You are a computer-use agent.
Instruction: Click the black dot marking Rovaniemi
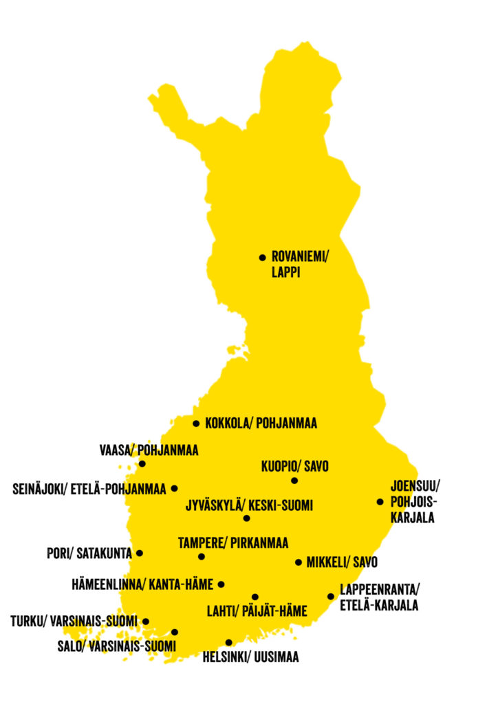262,258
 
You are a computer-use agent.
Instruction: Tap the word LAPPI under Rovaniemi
286,273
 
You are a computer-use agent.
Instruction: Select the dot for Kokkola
196,423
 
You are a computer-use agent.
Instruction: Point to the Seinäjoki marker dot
174,489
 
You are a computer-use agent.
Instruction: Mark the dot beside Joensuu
380,502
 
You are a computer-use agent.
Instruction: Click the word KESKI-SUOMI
280,506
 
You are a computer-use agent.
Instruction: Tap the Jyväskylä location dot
246,518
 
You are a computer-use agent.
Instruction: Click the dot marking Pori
140,553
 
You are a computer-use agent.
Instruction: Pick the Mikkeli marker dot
298,562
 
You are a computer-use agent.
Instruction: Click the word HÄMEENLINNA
107,585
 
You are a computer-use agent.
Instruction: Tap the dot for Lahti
255,597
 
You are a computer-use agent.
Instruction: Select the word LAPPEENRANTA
378,591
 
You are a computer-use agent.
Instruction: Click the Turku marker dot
145,621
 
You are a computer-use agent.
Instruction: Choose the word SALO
70,646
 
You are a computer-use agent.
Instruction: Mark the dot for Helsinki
228,643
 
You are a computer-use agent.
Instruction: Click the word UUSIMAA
275,658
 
